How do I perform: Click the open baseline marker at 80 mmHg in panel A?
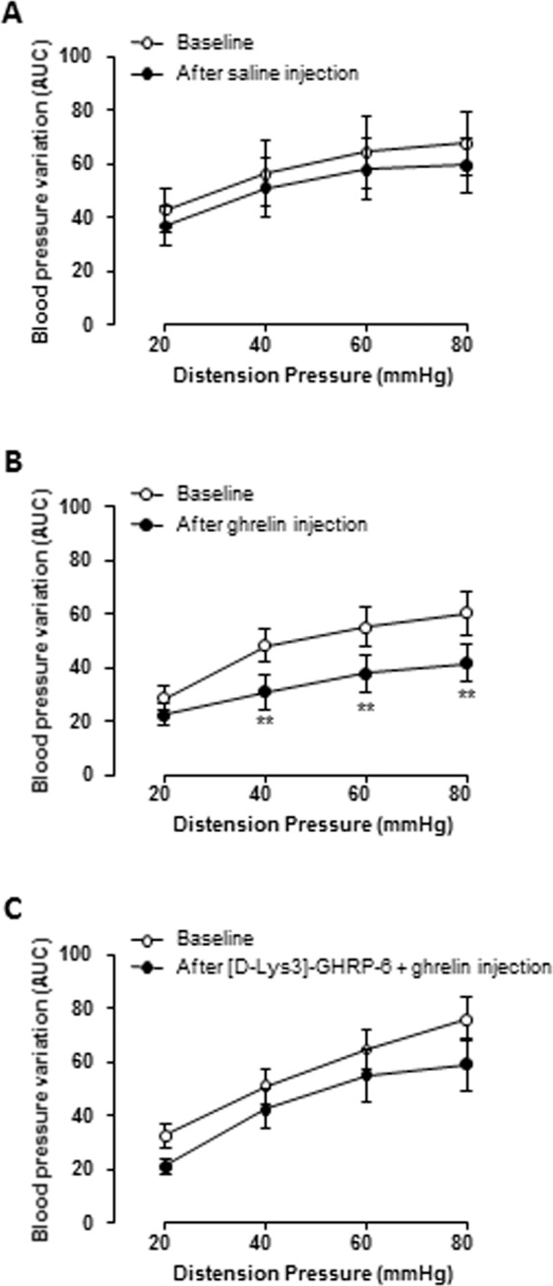465,144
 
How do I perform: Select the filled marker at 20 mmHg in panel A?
164,227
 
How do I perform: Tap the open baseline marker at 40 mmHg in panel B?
265,646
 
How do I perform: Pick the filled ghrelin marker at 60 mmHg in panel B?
365,673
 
